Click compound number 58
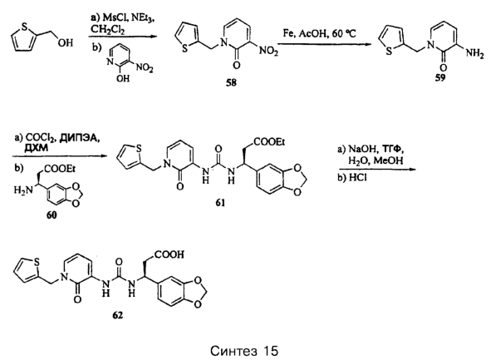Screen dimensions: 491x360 [x=232, y=82]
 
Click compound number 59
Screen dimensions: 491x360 [x=439, y=78]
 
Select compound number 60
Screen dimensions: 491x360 [x=52, y=215]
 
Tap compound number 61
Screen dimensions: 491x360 [x=220, y=203]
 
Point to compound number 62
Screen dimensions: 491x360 [x=118, y=315]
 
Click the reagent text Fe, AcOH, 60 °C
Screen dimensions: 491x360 [x=319, y=33]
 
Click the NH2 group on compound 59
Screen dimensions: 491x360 [x=474, y=53]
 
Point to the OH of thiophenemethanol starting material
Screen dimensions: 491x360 [x=65, y=42]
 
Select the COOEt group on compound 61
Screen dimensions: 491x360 [x=269, y=142]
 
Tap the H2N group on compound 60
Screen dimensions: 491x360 [x=23, y=190]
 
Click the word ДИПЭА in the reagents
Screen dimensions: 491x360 [x=79, y=138]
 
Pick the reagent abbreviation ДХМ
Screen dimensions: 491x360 [x=37, y=148]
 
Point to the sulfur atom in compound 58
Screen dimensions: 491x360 [x=185, y=49]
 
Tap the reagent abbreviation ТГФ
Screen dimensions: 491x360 [x=388, y=149]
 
